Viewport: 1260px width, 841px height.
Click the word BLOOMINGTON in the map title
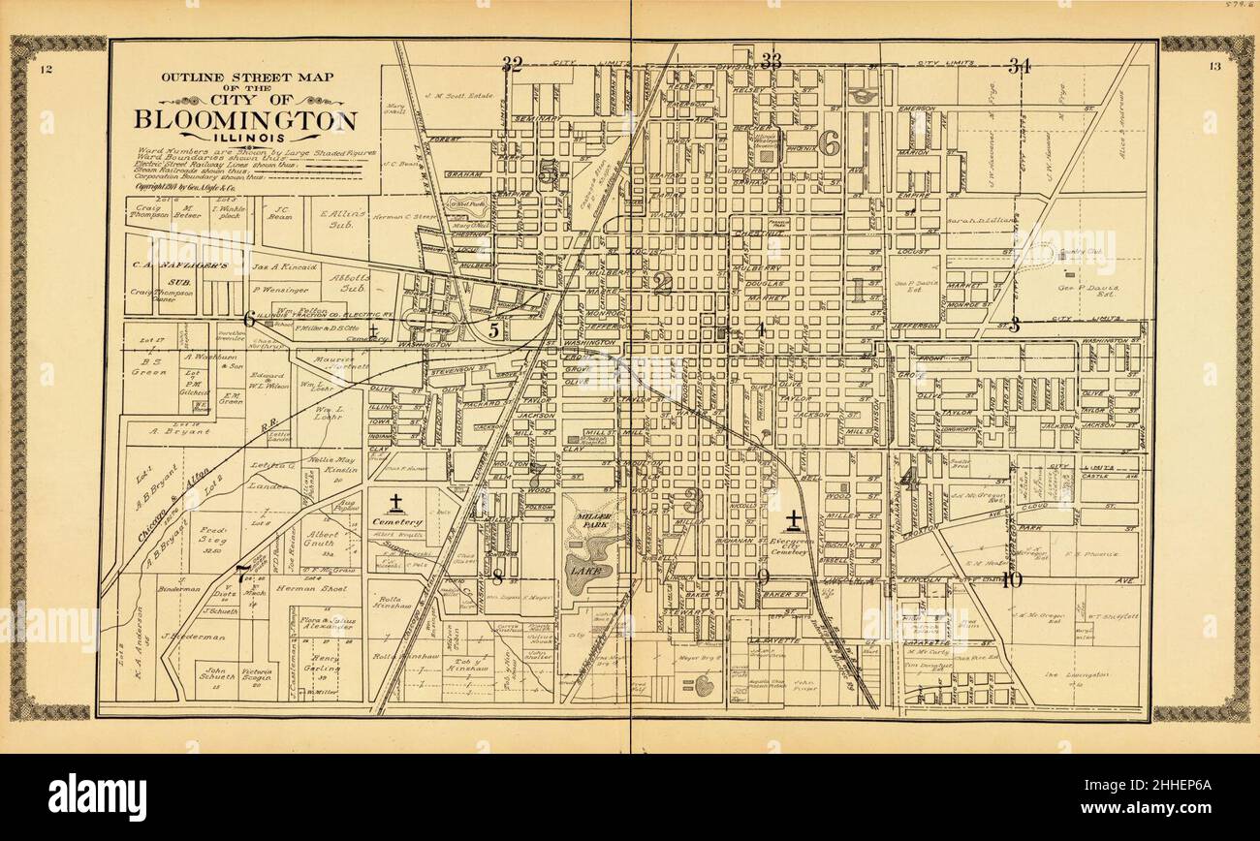(245, 121)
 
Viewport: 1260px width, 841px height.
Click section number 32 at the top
(512, 65)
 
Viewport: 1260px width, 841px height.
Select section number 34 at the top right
(1019, 66)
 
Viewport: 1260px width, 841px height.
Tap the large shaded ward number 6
(829, 143)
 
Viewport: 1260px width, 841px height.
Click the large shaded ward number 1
(857, 288)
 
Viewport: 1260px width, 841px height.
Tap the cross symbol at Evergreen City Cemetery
(794, 519)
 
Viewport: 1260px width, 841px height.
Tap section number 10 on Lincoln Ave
(1012, 580)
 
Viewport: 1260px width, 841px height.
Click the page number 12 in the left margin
(46, 68)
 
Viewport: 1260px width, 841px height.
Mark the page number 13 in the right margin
(1214, 67)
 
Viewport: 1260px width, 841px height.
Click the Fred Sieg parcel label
(215, 537)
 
